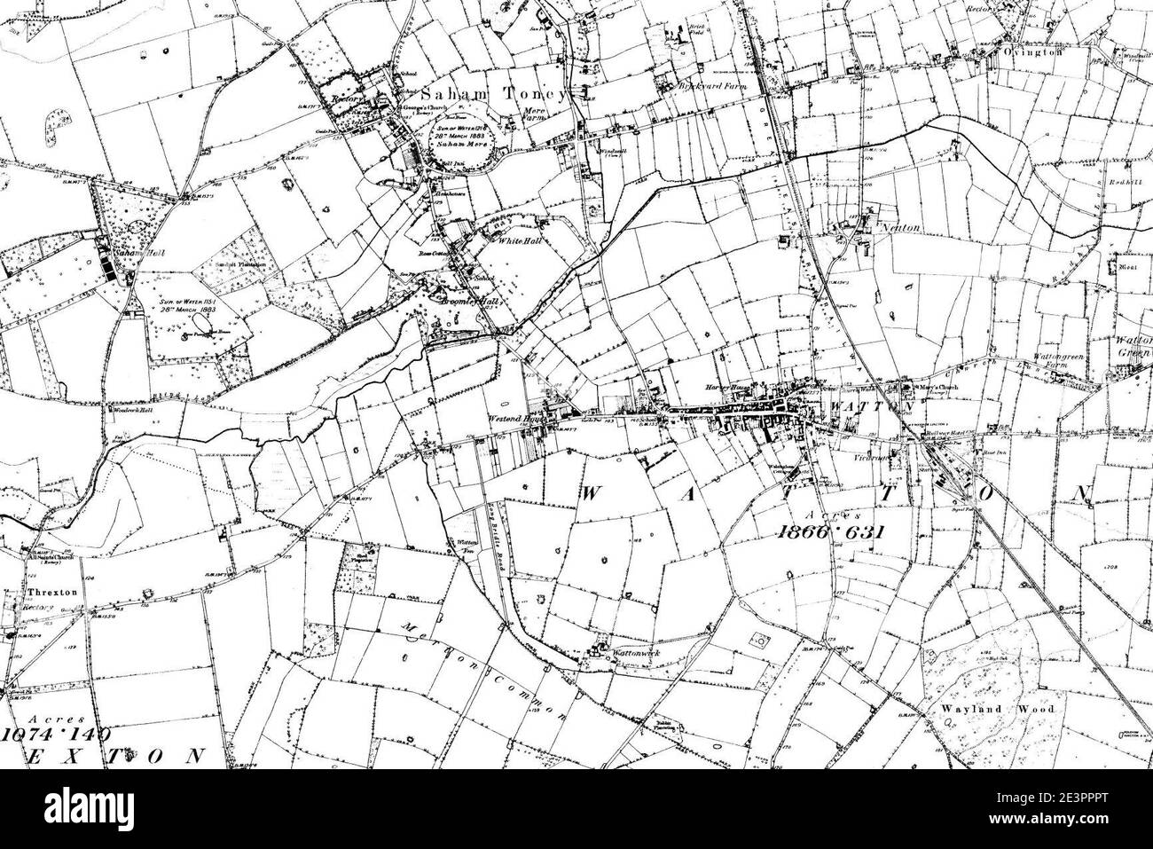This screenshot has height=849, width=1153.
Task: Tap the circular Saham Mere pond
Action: pos(463,140)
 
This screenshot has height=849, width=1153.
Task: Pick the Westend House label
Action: pos(515,420)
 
